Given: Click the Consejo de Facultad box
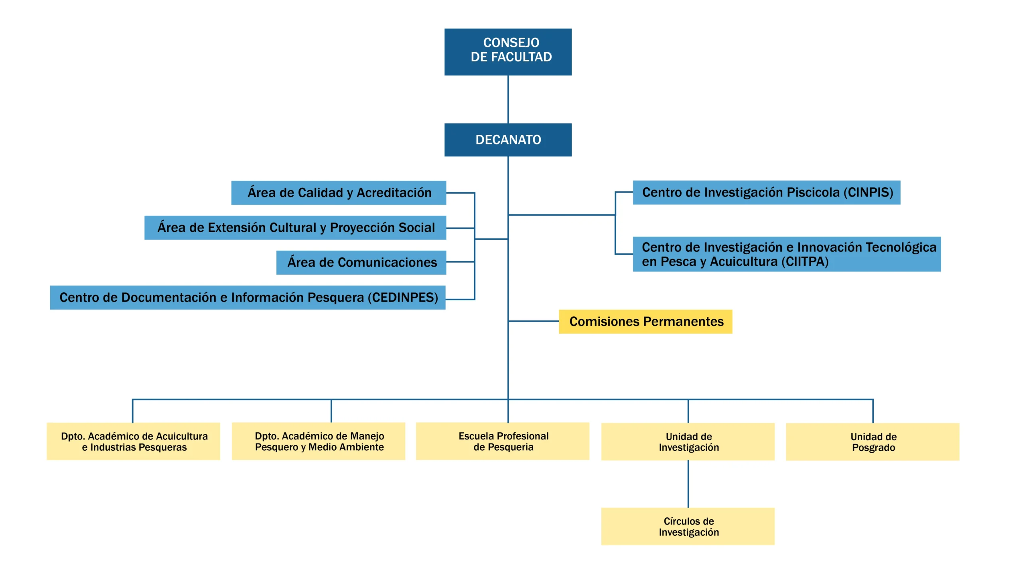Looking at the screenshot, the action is [x=507, y=52].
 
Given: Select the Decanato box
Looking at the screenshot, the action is [x=507, y=140].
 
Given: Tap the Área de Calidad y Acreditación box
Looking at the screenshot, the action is [x=338, y=192].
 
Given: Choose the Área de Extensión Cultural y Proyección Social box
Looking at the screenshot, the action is [x=295, y=227].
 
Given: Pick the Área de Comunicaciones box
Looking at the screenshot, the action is [x=361, y=262].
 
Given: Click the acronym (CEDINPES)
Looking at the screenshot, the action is [x=403, y=297].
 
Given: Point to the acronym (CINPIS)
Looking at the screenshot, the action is [x=868, y=192].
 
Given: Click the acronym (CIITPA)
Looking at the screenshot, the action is [x=804, y=261].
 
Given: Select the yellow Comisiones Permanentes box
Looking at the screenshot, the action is [x=645, y=321].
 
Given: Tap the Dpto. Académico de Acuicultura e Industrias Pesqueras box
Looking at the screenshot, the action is [x=133, y=441].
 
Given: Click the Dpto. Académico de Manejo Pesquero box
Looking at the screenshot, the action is [x=318, y=441].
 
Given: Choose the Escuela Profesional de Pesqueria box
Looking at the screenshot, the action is [x=502, y=441].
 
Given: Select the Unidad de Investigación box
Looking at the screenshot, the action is [x=688, y=441].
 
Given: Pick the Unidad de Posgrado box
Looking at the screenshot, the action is [x=872, y=441].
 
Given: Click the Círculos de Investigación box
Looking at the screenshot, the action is [x=688, y=526].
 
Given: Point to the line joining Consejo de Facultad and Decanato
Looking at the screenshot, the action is [x=508, y=99].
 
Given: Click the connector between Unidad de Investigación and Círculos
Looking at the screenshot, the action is [x=688, y=484].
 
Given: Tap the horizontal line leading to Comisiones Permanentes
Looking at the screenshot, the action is [x=534, y=321].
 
